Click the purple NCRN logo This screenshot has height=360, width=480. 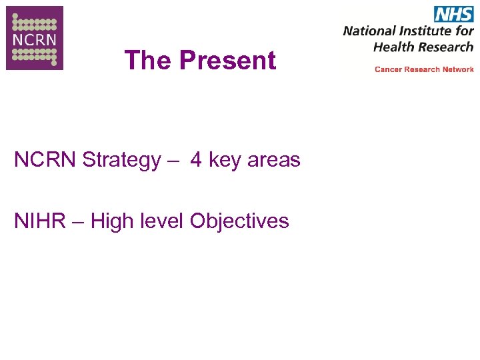(35, 38)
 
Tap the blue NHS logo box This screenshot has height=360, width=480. (453, 14)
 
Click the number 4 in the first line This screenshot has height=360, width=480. (196, 160)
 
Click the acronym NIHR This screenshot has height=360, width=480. (38, 221)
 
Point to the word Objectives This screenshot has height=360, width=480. (239, 221)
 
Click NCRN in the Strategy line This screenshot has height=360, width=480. (45, 160)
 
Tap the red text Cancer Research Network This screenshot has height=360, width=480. (424, 69)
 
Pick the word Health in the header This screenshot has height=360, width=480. (394, 47)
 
